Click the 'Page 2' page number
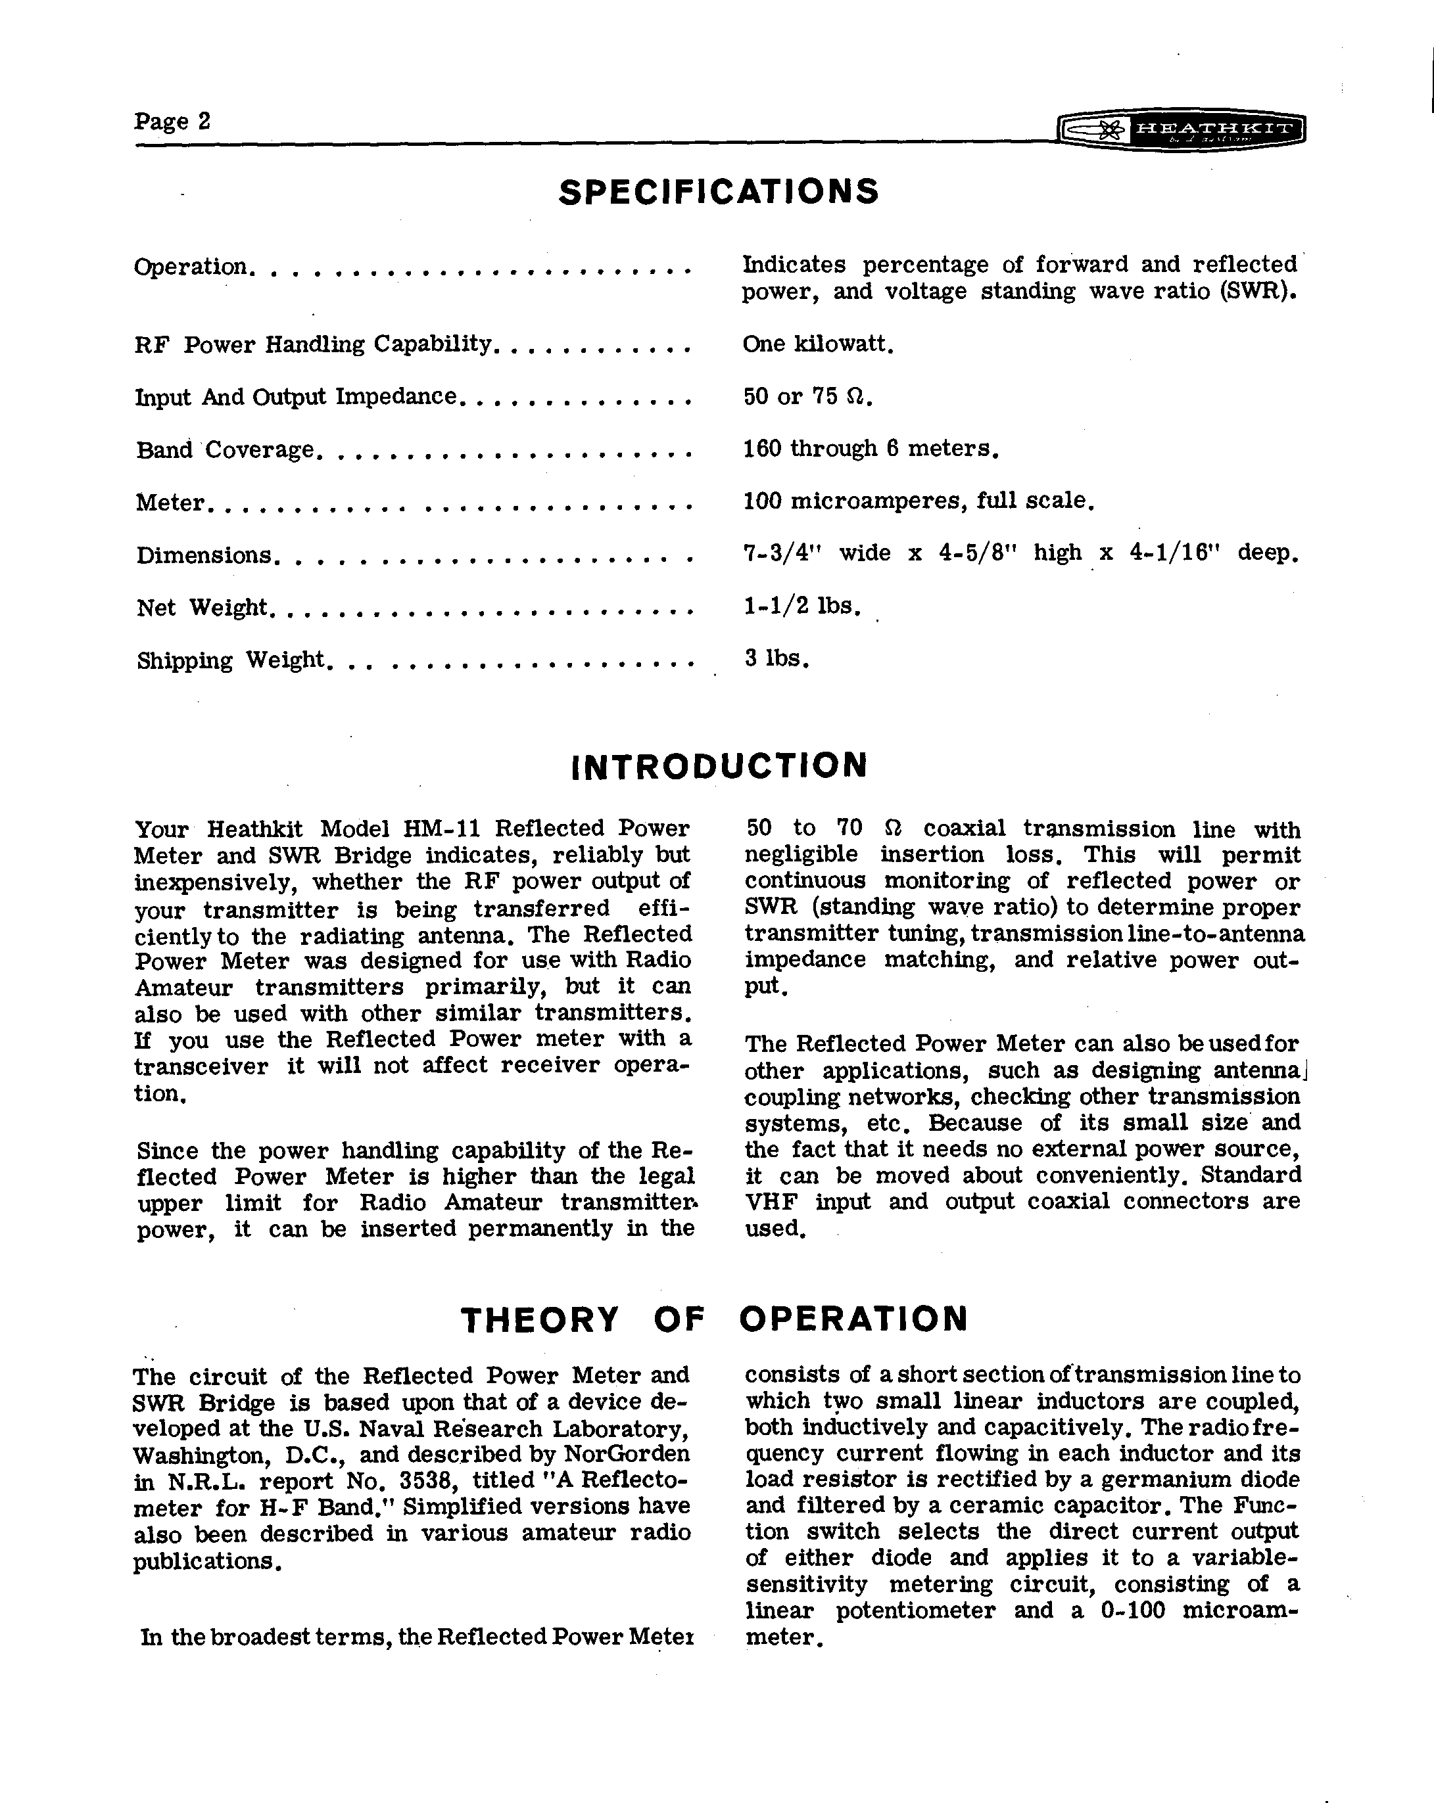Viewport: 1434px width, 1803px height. click(172, 122)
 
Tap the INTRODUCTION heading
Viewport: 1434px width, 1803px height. click(719, 766)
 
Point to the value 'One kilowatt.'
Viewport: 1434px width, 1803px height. click(818, 344)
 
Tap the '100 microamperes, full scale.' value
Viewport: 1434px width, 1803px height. click(919, 501)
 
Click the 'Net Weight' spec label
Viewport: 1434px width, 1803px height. click(203, 607)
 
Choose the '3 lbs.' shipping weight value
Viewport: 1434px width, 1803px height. click(777, 659)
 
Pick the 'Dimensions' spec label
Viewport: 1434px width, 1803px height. click(204, 555)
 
